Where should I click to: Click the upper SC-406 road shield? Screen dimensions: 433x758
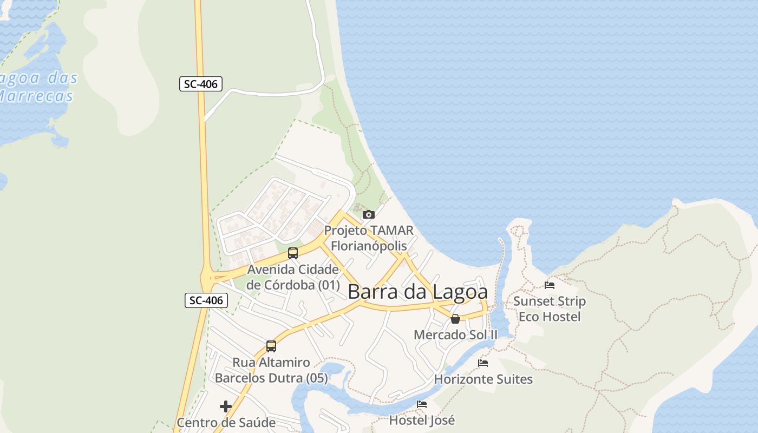click(x=201, y=84)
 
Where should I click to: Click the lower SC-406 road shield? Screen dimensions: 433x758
click(x=206, y=300)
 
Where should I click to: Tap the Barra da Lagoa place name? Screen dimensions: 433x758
click(x=417, y=292)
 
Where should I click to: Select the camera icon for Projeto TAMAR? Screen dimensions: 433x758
click(x=369, y=214)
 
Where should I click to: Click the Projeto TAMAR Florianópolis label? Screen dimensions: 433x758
click(x=369, y=238)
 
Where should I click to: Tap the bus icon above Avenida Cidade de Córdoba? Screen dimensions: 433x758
click(x=293, y=253)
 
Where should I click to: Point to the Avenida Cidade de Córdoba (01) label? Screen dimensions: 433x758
click(x=293, y=277)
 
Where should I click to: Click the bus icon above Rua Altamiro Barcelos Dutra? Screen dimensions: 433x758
click(x=271, y=346)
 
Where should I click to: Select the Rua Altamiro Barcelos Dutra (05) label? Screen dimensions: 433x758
click(x=271, y=370)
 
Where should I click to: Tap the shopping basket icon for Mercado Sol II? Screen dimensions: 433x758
click(x=455, y=319)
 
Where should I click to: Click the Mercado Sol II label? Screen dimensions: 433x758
click(x=455, y=335)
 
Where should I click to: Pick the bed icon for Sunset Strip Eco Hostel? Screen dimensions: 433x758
click(x=550, y=285)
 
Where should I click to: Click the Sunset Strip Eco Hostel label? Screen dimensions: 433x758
click(x=550, y=309)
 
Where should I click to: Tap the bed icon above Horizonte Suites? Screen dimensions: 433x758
click(x=483, y=363)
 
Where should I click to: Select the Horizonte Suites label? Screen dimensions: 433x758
click(x=483, y=379)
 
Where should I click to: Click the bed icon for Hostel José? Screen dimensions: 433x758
click(x=422, y=404)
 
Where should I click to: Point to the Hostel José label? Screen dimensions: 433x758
click(x=422, y=420)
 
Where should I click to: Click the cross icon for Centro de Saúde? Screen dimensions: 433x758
click(x=226, y=406)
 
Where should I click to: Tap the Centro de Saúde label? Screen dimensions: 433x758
click(x=226, y=423)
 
